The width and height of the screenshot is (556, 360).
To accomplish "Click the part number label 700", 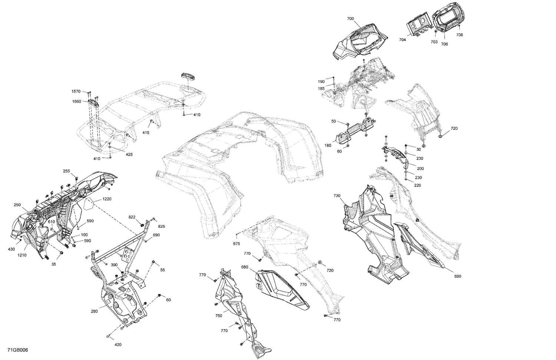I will coord(350,19).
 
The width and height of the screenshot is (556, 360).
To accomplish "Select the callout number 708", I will coord(459,35).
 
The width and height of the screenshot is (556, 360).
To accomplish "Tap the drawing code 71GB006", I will coord(17,350).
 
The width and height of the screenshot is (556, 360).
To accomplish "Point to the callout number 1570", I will coord(76,91).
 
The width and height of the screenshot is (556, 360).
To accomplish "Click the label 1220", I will coord(107,199).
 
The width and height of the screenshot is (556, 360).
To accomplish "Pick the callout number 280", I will coord(94,311).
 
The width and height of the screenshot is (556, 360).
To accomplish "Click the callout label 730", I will coord(337,196).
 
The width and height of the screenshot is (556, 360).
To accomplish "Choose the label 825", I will coord(161,226).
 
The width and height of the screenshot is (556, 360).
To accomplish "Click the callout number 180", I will coord(328,146).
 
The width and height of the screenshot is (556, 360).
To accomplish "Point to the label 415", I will coord(146,133).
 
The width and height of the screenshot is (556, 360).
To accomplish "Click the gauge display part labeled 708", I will coord(447,20).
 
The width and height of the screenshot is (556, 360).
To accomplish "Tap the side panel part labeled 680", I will coord(282,289).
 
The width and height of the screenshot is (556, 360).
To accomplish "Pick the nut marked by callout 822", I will coord(142,225).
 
